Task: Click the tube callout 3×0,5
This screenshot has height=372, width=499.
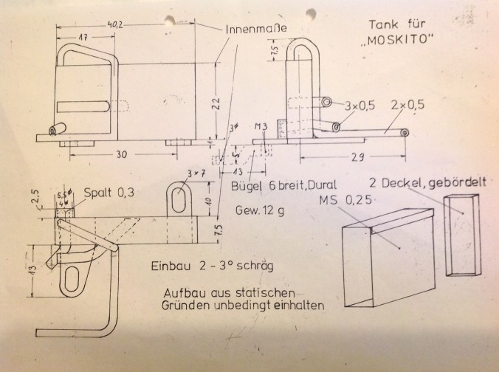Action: [x=359, y=106]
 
